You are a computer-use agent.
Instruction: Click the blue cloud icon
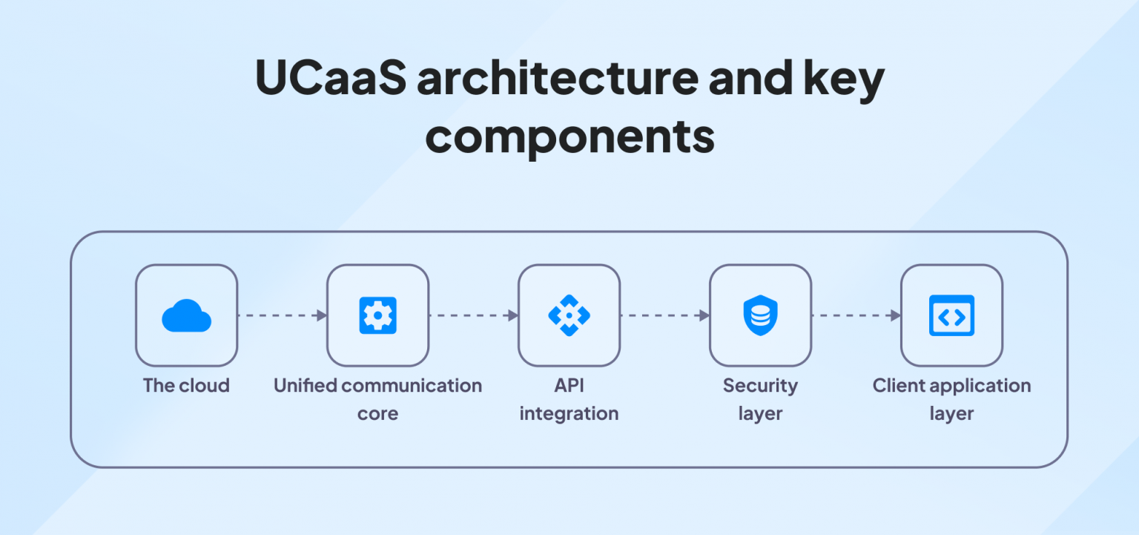(186, 315)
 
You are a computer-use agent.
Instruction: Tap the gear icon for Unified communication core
(377, 315)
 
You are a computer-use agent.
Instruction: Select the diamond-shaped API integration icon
(569, 315)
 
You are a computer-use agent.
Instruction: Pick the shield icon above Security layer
(760, 315)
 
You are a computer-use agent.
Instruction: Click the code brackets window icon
(951, 315)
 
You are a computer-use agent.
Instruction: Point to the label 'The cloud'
(186, 386)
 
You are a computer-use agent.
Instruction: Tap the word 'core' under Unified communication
(377, 413)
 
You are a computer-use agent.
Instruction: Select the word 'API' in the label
(569, 386)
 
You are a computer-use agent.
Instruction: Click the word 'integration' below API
(569, 413)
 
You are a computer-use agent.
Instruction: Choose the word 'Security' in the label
(760, 386)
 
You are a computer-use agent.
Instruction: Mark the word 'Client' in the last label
(898, 386)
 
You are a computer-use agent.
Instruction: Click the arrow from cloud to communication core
(282, 315)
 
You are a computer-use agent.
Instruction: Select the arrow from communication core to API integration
(473, 315)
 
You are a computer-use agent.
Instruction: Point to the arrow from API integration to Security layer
(664, 315)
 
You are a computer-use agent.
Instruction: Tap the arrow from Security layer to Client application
(856, 315)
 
